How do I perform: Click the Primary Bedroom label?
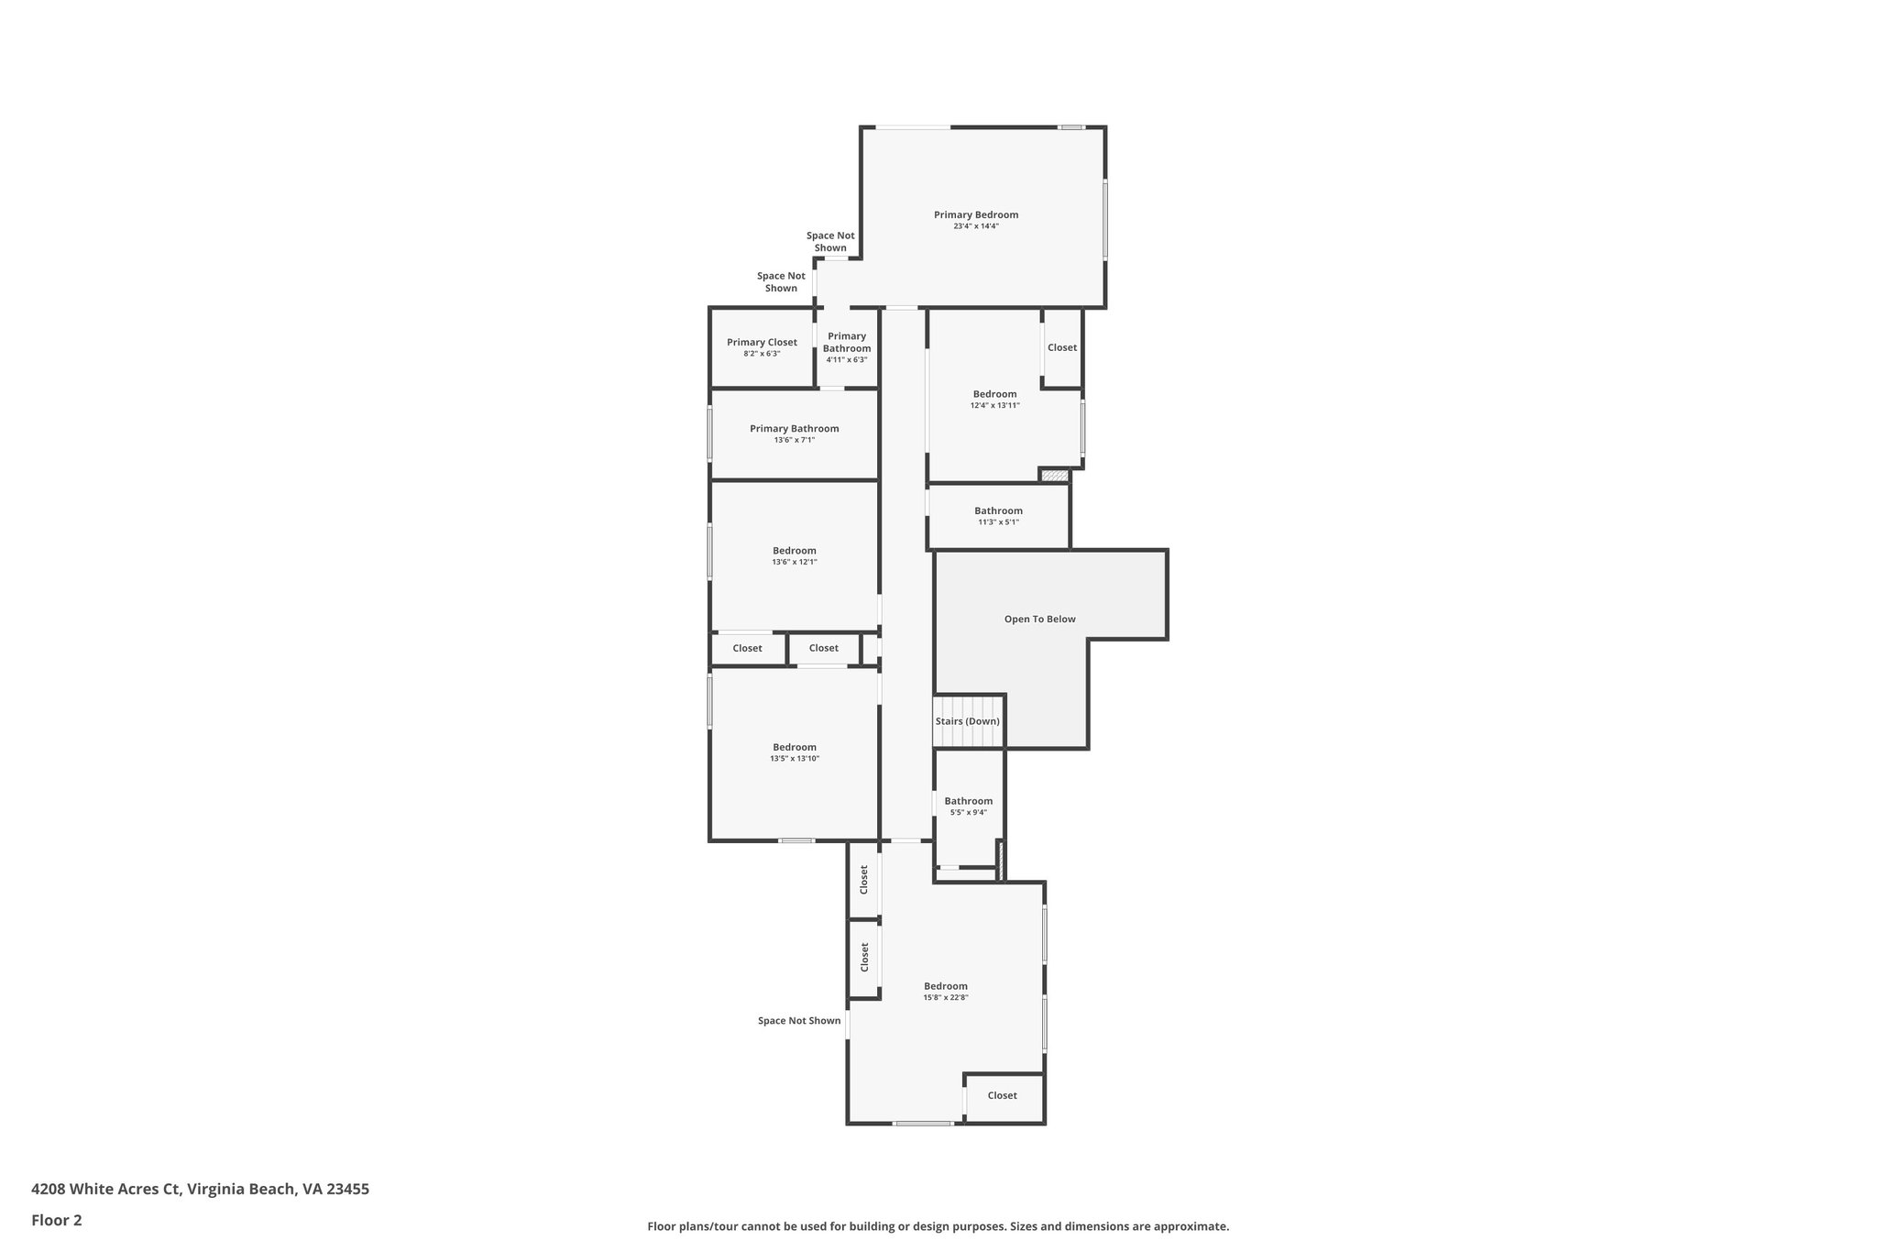coord(976,214)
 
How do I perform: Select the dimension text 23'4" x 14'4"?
coord(976,226)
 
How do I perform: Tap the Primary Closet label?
coord(762,342)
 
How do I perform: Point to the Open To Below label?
coord(1039,619)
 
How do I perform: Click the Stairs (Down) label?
coord(967,721)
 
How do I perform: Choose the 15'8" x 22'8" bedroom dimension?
coord(946,997)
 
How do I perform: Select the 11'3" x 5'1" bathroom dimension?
coord(998,522)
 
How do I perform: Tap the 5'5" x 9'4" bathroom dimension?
coord(968,812)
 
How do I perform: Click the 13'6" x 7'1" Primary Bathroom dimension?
coord(794,440)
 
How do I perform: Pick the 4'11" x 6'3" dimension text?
coord(846,359)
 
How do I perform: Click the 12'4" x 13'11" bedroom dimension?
coord(994,405)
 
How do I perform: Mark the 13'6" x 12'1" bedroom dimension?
coord(794,562)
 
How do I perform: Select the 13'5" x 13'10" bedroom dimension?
coord(794,759)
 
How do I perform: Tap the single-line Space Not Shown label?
coord(798,1020)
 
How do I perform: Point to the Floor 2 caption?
coord(57,1220)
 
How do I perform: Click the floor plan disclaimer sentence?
coord(938,1226)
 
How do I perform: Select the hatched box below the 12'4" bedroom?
coord(1055,476)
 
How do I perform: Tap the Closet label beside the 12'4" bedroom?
coord(1062,347)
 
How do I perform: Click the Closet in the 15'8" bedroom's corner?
coord(1002,1095)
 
